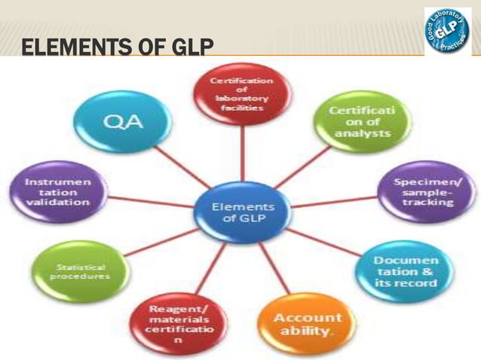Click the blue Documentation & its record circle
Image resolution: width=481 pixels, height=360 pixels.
(405, 271)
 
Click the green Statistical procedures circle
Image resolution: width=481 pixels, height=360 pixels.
(79, 272)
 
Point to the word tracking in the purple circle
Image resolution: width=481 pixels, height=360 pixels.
(433, 202)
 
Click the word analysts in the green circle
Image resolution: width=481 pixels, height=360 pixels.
(363, 133)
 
